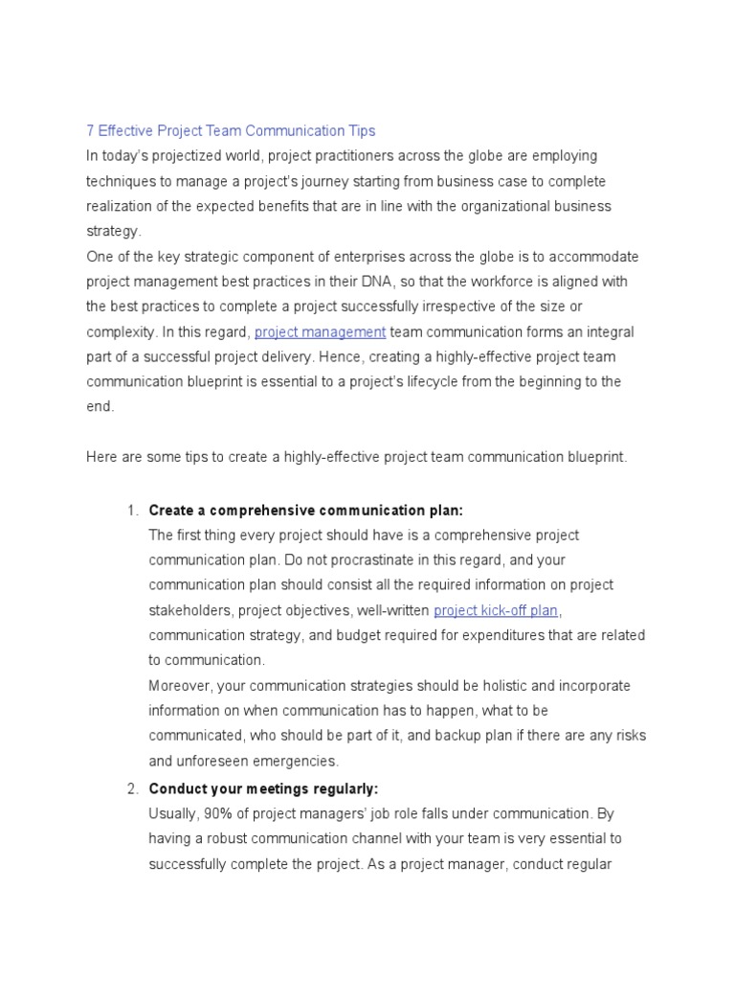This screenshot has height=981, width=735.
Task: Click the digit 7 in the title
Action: coord(90,130)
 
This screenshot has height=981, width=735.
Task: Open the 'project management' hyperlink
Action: coord(320,331)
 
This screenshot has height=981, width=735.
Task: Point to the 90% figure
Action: coord(216,813)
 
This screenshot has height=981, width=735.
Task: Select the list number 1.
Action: coord(132,510)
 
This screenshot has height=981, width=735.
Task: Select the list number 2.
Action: coord(132,788)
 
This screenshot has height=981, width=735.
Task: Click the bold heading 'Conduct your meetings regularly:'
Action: coord(264,788)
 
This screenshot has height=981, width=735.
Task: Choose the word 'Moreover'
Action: coord(180,686)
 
